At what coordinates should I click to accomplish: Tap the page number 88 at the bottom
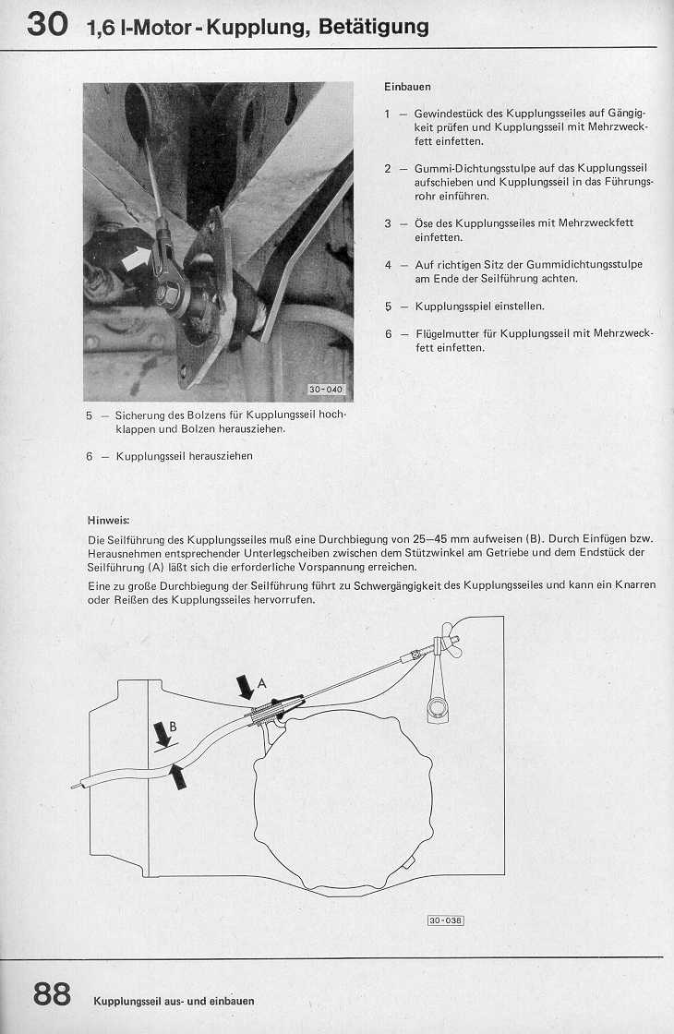click(52, 994)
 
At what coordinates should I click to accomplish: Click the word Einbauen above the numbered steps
click(407, 86)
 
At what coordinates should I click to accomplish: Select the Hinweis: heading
click(108, 520)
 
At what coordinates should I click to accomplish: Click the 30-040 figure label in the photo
click(326, 390)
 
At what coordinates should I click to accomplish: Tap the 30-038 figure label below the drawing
click(445, 920)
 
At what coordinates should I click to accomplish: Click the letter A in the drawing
click(262, 683)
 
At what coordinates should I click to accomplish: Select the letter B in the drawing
click(174, 726)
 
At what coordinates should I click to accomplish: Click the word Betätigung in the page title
click(373, 27)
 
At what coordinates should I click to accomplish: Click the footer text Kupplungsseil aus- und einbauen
click(174, 1001)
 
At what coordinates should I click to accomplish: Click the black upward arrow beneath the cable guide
click(177, 777)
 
